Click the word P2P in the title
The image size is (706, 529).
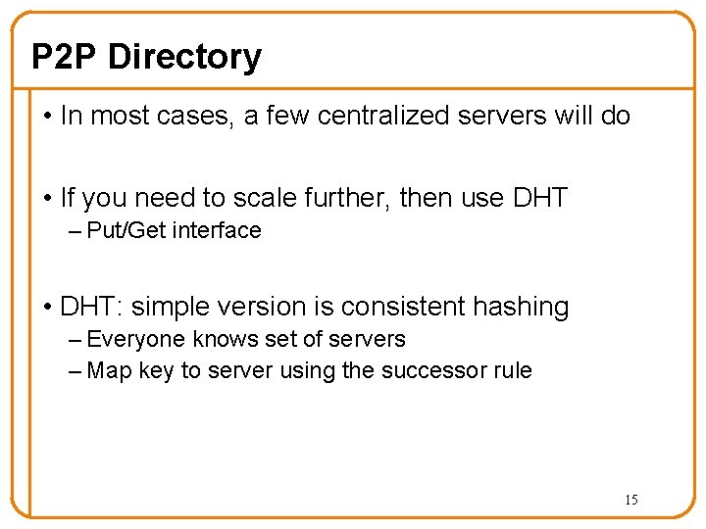coord(65,57)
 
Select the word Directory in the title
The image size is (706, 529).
coord(184,57)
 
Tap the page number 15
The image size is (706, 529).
coord(630,500)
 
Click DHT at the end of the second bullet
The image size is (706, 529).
coord(539,198)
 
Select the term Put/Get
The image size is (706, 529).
coord(126,231)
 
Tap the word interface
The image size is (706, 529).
coord(217,231)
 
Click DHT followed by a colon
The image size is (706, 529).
coord(91,307)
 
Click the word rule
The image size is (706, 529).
coord(512,371)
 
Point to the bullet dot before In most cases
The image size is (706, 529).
coord(48,117)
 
